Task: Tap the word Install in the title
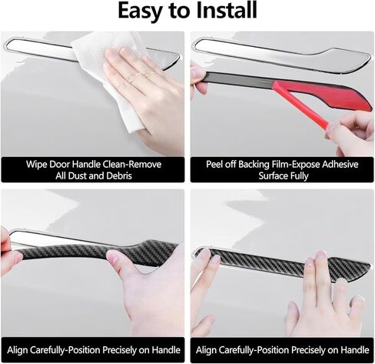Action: [x=227, y=10]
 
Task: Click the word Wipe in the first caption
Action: [x=36, y=164]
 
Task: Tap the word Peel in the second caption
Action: [x=214, y=164]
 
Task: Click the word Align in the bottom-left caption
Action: [x=17, y=350]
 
